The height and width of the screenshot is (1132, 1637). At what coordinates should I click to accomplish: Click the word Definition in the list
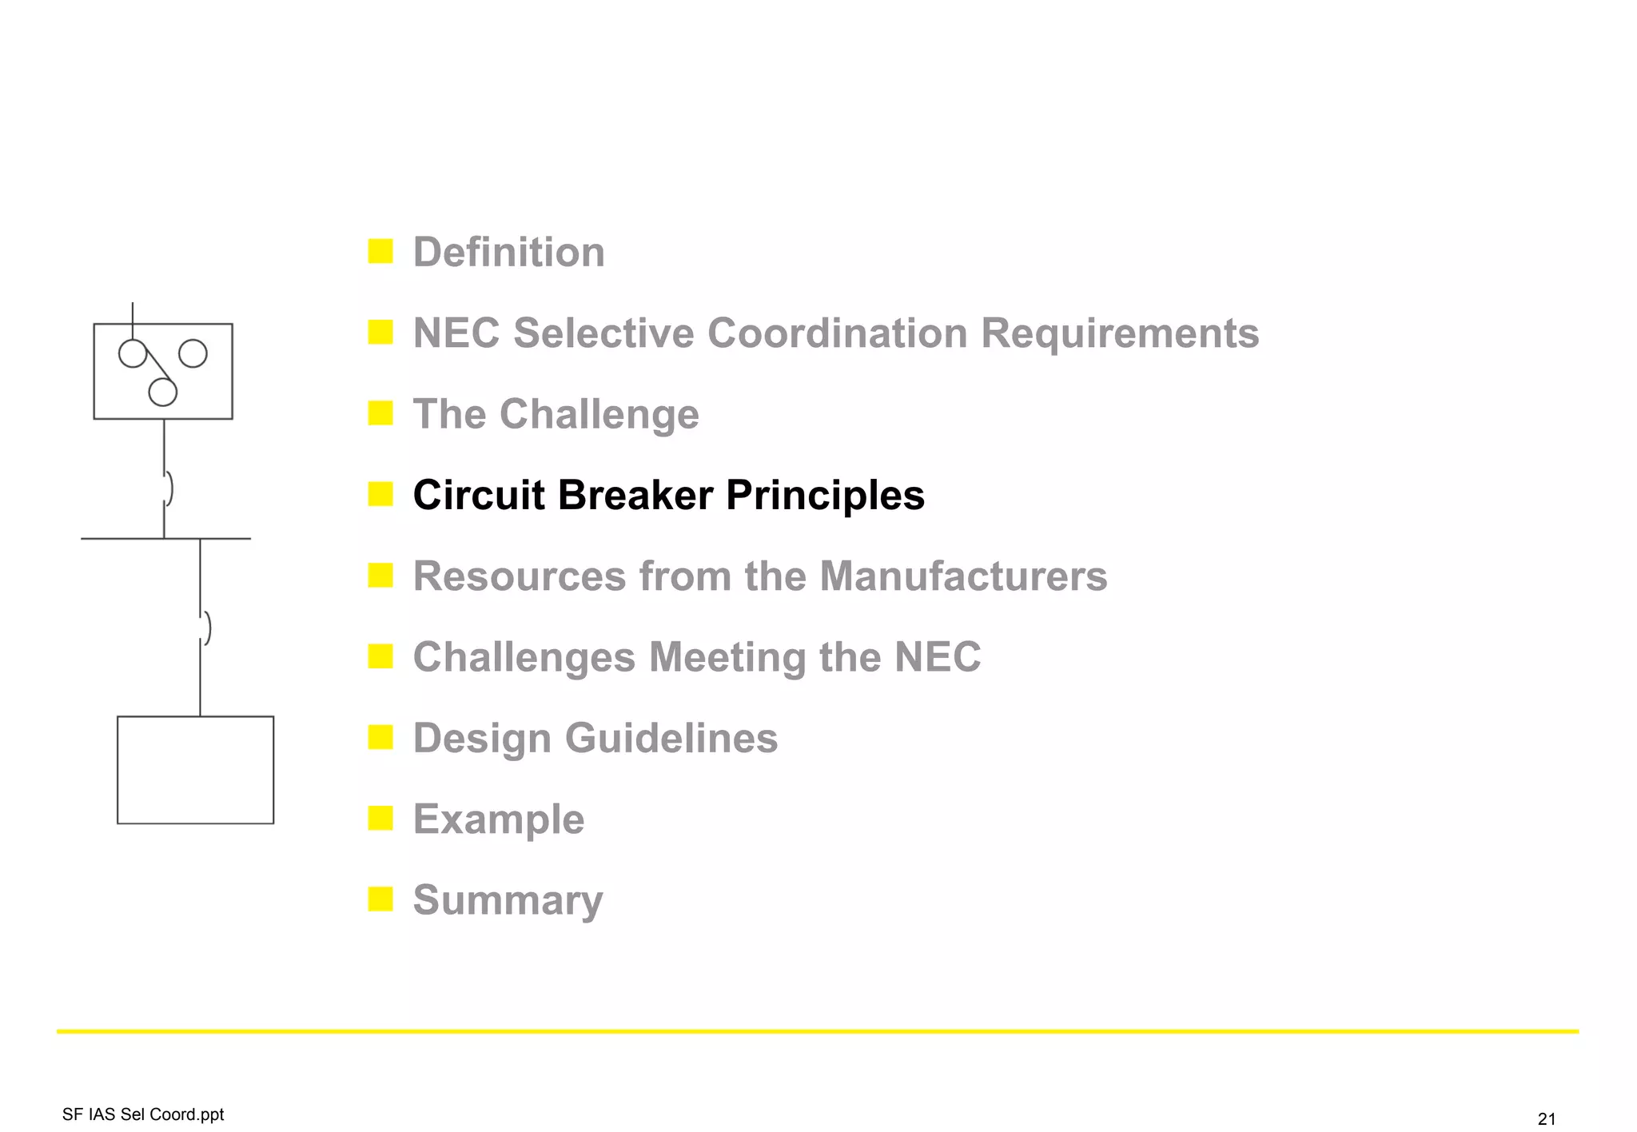point(508,253)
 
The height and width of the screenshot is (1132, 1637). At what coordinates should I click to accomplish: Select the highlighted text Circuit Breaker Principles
point(668,495)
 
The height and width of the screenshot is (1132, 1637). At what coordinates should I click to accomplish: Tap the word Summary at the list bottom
point(508,900)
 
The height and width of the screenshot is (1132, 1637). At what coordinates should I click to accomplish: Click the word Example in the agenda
point(498,819)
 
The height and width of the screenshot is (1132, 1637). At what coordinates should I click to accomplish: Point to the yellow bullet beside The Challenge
point(380,413)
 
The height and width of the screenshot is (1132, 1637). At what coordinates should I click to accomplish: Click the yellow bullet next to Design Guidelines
point(380,737)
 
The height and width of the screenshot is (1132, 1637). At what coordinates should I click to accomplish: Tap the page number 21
point(1547,1118)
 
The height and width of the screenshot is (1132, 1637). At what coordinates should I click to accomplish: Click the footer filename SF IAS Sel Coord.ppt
point(143,1114)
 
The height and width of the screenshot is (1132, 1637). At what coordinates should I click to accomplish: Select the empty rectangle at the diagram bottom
point(195,770)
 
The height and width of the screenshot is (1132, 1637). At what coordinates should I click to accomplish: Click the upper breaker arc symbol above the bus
point(168,488)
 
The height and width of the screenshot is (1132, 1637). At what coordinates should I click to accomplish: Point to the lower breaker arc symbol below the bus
point(206,628)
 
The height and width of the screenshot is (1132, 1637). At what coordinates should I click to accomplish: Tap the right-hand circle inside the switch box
point(193,353)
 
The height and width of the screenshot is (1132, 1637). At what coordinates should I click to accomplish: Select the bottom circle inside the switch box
point(163,393)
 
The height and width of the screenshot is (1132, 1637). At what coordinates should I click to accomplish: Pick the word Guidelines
point(671,738)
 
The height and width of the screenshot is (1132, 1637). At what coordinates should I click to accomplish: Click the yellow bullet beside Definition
point(380,251)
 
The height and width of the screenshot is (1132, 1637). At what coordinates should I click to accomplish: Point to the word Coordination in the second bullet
point(837,333)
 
